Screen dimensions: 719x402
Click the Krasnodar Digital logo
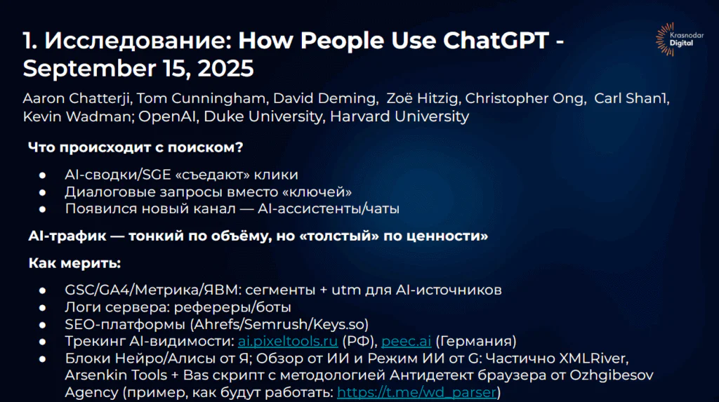tap(680, 39)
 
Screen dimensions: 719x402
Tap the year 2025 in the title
tap(225, 68)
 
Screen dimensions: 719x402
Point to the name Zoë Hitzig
tap(422, 98)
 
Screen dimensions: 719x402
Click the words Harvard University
tap(400, 116)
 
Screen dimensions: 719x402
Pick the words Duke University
tap(263, 116)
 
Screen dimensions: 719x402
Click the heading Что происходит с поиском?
tap(136, 147)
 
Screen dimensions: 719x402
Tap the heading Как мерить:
tap(74, 263)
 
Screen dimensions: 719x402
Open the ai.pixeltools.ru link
tap(287, 341)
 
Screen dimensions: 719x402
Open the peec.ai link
tap(407, 341)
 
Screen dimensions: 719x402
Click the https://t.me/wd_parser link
tap(417, 392)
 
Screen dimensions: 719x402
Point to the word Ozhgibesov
tap(612, 375)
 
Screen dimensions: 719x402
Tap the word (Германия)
tap(475, 341)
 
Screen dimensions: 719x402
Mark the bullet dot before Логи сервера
tap(43, 307)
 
